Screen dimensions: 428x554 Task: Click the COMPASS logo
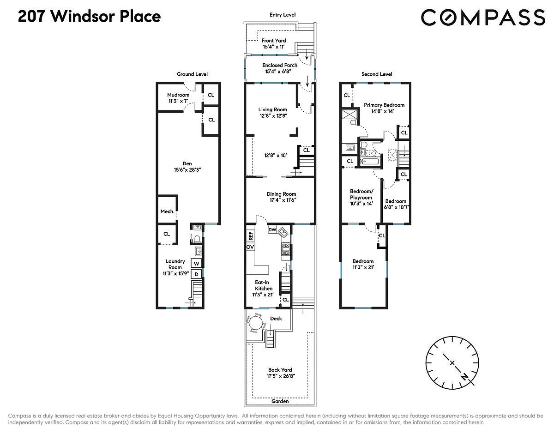click(482, 18)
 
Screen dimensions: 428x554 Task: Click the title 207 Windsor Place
click(89, 17)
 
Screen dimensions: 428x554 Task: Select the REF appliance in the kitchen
click(251, 235)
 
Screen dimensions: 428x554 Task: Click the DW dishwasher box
click(272, 229)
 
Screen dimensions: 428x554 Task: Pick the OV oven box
click(251, 247)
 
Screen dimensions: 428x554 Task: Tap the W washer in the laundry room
click(196, 264)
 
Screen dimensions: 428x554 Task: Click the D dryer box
click(196, 274)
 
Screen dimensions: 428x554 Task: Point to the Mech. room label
click(167, 211)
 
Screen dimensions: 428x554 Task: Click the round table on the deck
click(255, 324)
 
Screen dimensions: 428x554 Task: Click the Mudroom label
click(178, 98)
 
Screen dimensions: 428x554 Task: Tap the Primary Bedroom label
click(384, 108)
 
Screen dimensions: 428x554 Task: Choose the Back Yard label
click(280, 373)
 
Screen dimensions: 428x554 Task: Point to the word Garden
click(280, 401)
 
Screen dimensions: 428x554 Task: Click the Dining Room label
click(281, 197)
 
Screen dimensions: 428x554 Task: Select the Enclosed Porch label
click(280, 68)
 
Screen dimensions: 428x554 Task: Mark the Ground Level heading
click(192, 74)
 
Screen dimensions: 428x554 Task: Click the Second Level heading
click(376, 74)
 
